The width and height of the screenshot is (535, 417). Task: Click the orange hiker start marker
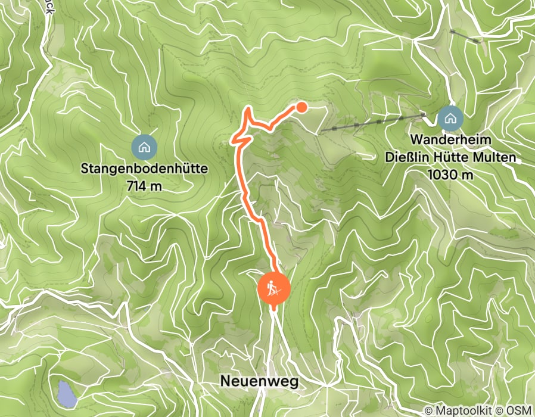[x=273, y=291]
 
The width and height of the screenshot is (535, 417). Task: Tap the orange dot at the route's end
[x=302, y=107]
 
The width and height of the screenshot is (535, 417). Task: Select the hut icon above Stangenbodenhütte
[x=144, y=146]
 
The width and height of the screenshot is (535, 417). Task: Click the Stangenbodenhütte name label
[x=144, y=169]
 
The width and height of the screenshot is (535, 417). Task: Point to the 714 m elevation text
[x=144, y=186]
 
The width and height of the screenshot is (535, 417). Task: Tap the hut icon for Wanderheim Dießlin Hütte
[x=450, y=119]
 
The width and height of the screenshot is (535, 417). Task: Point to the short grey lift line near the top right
[x=465, y=36]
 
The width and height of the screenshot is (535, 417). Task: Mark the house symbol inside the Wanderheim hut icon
[x=450, y=119]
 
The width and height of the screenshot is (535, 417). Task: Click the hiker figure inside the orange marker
[x=273, y=289]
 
